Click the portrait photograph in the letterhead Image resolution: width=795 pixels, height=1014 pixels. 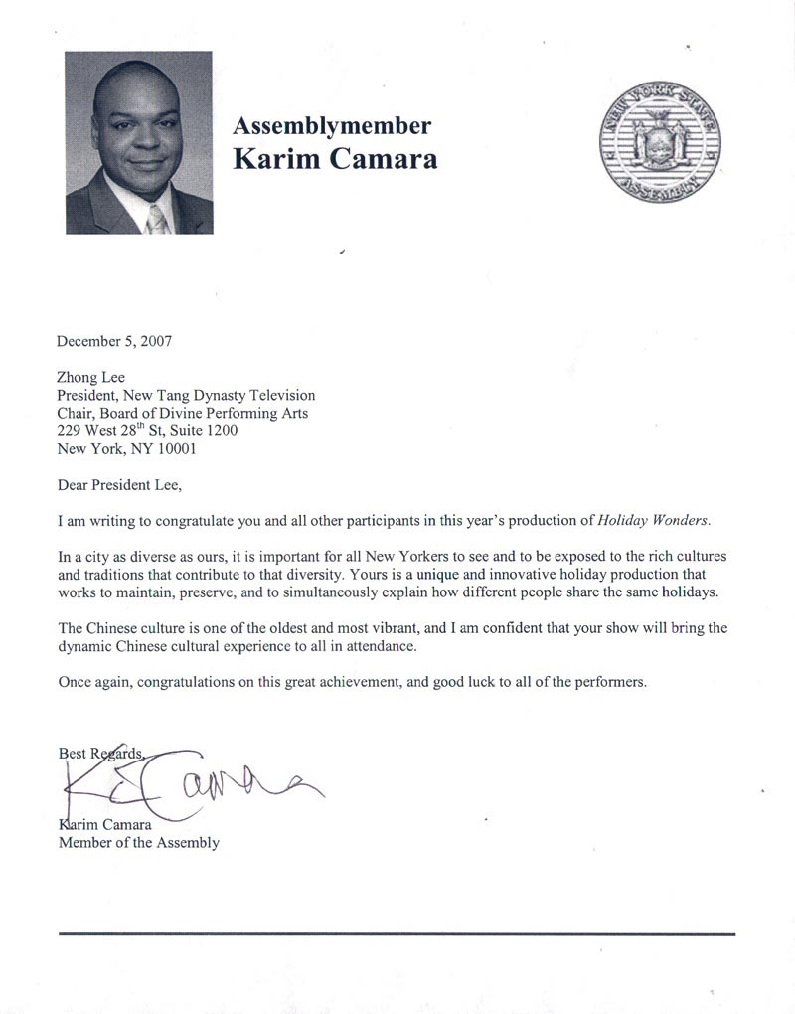tap(139, 142)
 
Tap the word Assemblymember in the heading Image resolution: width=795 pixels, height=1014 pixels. tap(332, 126)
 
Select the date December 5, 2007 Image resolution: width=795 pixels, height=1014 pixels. tap(114, 340)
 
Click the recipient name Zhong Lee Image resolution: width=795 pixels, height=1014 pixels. tap(90, 377)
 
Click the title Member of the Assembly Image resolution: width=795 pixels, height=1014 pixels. tap(139, 843)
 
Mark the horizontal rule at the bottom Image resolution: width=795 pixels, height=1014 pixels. tap(397, 934)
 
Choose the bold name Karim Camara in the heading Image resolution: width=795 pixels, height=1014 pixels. tap(335, 159)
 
